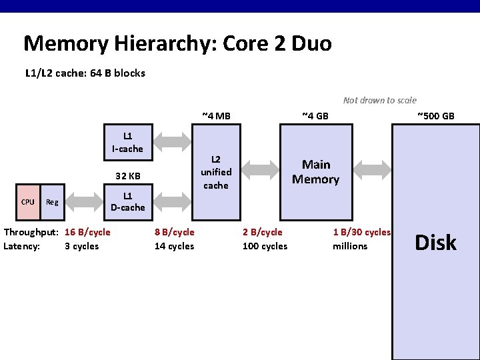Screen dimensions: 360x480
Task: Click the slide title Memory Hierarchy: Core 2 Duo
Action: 177,44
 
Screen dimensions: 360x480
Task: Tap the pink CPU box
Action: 28,201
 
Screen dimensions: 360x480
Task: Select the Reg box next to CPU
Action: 52,201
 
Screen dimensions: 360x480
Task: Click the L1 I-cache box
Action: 127,143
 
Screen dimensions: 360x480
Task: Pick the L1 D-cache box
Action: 127,201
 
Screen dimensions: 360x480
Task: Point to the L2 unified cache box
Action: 215,172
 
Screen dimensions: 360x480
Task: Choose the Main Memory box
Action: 315,172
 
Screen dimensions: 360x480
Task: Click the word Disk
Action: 435,243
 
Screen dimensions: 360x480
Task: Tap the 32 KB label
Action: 127,177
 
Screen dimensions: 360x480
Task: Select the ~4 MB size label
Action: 216,116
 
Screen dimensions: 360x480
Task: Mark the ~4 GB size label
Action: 315,116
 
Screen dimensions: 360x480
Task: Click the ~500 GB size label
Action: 435,116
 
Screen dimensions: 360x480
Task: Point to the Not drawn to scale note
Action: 379,100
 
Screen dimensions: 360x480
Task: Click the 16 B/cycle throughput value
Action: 87,232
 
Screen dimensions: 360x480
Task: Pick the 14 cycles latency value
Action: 174,246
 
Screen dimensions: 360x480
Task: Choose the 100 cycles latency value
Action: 265,246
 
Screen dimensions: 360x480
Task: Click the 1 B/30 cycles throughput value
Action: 361,232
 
